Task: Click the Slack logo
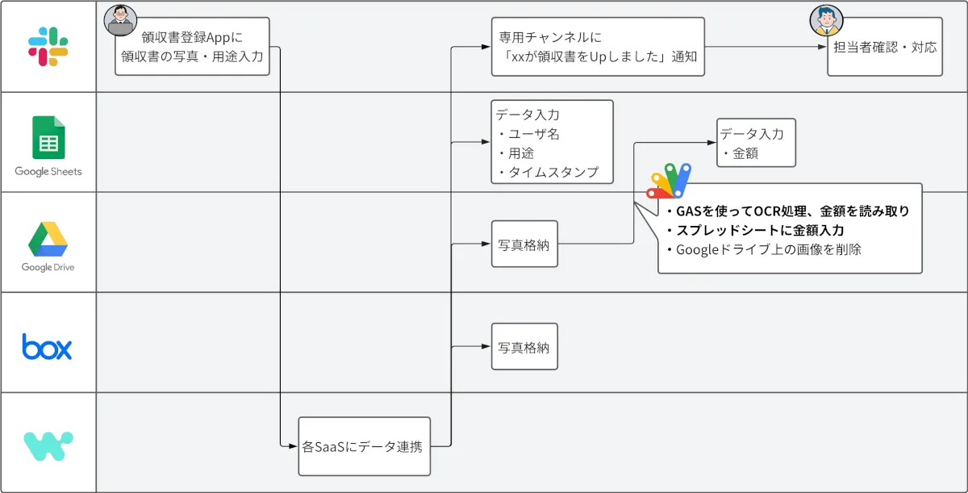48,46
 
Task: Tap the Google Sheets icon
48,138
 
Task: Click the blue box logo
48,346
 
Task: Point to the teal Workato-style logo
48,446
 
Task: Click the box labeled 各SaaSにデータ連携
364,446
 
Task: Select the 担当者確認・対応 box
885,47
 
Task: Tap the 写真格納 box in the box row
524,347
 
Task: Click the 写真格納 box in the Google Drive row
524,245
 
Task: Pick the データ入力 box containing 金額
756,143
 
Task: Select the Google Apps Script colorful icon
670,182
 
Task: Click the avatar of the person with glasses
120,20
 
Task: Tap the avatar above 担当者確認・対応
827,21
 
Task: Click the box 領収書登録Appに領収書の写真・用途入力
192,47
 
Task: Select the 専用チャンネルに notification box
598,47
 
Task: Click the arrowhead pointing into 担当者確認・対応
823,47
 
